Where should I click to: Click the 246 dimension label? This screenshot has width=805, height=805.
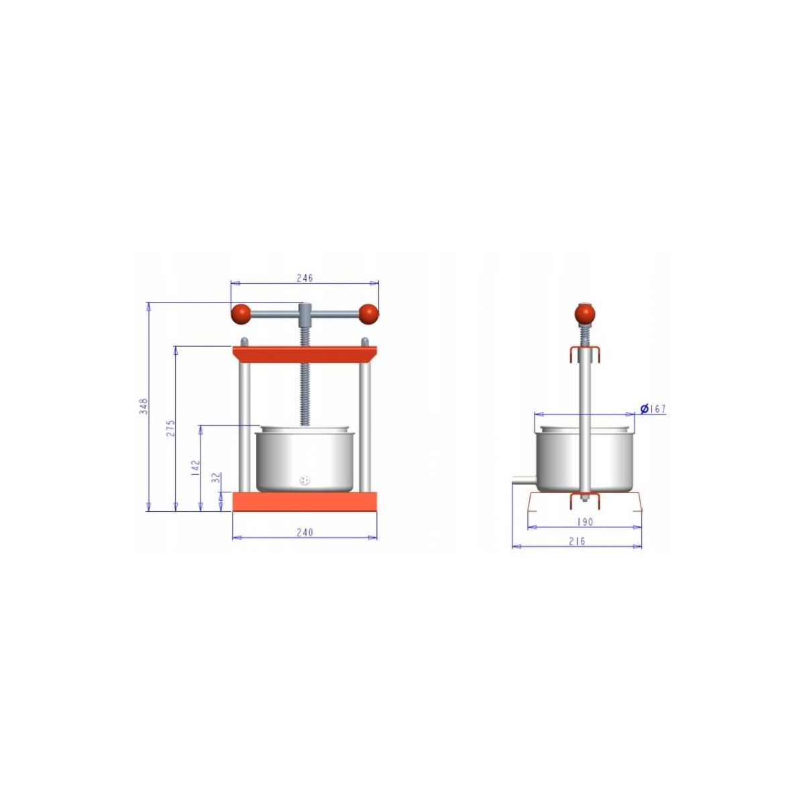(x=305, y=278)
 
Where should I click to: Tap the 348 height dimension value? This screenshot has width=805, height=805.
(x=144, y=407)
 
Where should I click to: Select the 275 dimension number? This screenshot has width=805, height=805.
(x=170, y=429)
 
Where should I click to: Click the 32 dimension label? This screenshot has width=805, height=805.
(x=217, y=478)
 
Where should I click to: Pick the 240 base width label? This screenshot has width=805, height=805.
(x=305, y=532)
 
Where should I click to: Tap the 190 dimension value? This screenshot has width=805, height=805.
(x=585, y=522)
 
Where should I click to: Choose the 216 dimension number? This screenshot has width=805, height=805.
(x=577, y=541)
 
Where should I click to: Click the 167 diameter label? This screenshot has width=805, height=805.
(x=658, y=409)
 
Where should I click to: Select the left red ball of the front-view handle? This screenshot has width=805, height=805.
(x=241, y=314)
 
